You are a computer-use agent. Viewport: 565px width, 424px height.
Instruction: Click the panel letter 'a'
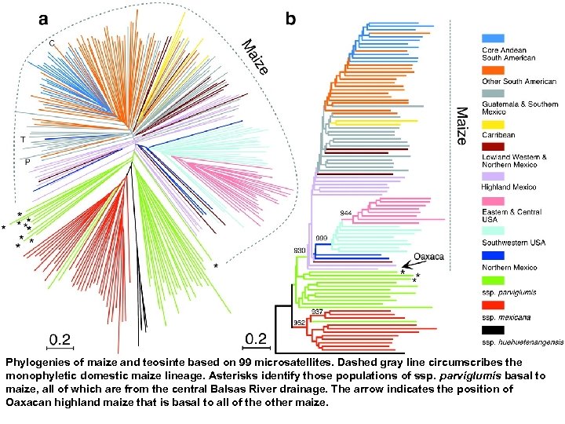pyautogui.click(x=45, y=17)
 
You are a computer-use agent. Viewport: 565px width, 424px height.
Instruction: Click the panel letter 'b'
pyautogui.click(x=290, y=17)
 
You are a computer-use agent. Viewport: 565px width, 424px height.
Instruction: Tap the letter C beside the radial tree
pyautogui.click(x=52, y=43)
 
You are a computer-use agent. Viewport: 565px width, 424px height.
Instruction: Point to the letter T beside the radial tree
pyautogui.click(x=24, y=140)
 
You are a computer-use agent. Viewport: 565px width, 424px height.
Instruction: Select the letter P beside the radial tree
pyautogui.click(x=27, y=163)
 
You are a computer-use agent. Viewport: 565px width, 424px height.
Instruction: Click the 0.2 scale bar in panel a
pyautogui.click(x=60, y=339)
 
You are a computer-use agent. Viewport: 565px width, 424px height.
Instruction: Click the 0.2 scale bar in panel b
pyautogui.click(x=256, y=338)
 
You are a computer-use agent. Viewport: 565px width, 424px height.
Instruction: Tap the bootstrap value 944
pyautogui.click(x=346, y=214)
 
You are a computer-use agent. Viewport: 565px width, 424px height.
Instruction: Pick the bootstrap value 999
pyautogui.click(x=321, y=237)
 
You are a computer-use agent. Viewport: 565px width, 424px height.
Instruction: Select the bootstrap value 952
pyautogui.click(x=299, y=322)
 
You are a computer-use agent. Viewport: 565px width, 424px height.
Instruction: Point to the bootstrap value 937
pyautogui.click(x=316, y=312)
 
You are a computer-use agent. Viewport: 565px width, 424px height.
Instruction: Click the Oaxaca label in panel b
pyautogui.click(x=428, y=256)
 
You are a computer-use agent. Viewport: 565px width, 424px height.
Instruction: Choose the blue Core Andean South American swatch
pyautogui.click(x=492, y=37)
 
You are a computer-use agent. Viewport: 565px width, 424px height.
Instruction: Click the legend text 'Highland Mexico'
pyautogui.click(x=508, y=187)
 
